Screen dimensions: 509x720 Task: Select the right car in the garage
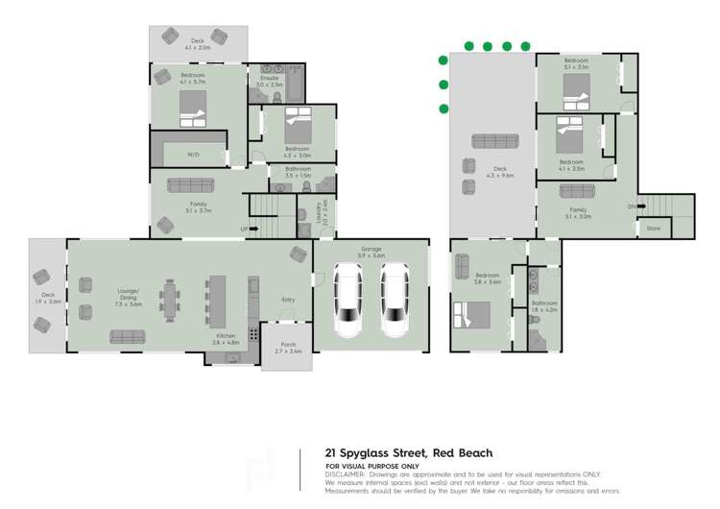[396, 301]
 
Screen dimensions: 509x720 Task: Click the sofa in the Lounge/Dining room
[128, 336]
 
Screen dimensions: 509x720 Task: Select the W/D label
[193, 154]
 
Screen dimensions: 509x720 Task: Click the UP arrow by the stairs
[244, 229]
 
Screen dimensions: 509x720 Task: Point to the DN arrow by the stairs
[631, 206]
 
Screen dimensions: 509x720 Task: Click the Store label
[654, 228]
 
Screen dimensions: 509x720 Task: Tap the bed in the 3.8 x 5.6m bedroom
[472, 315]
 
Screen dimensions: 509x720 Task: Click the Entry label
[288, 300]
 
